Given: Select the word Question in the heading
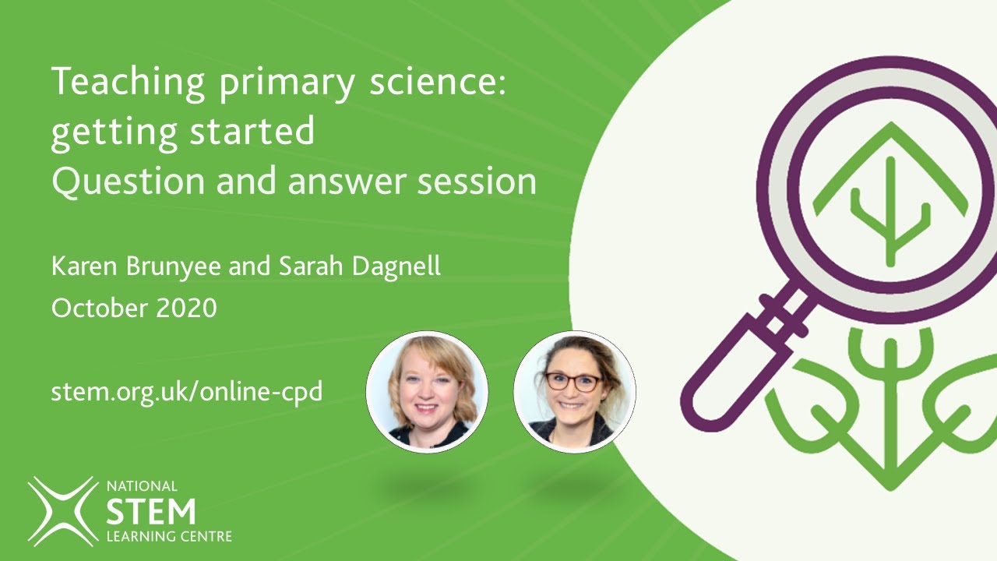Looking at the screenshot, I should [x=124, y=182].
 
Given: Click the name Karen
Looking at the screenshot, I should [x=80, y=266].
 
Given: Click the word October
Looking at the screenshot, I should [x=99, y=308].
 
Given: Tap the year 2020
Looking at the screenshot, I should [x=186, y=308].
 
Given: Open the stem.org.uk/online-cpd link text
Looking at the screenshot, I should [x=187, y=390].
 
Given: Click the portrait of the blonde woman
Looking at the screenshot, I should [x=427, y=391].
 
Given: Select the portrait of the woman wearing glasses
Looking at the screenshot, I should [x=575, y=391].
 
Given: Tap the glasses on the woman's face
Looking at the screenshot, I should [x=573, y=382].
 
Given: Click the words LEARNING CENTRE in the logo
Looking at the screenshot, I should [x=168, y=537].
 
